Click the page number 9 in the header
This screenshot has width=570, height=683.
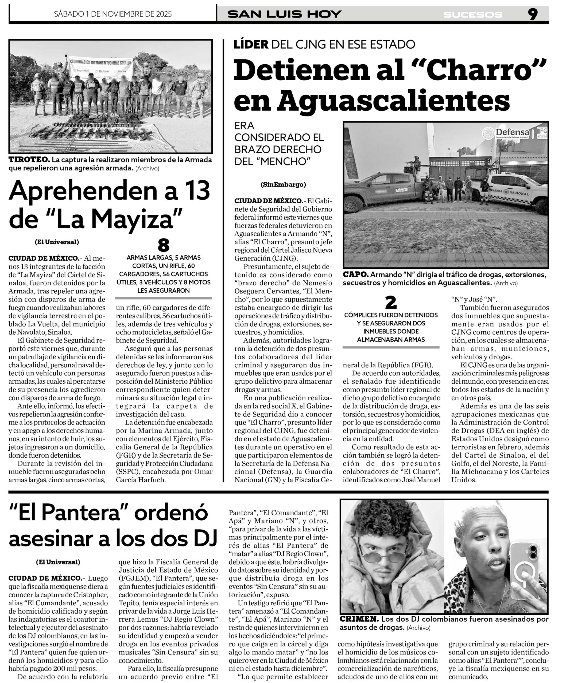(533, 14)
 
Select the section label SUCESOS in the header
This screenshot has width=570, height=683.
(473, 15)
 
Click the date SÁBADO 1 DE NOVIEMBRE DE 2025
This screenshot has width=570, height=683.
(113, 14)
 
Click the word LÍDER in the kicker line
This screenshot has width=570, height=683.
(251, 44)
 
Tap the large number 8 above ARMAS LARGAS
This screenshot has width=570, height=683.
(164, 245)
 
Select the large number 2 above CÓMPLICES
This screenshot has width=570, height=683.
(391, 303)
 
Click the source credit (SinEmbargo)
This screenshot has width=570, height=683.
(283, 184)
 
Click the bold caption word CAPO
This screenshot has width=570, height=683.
(356, 275)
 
